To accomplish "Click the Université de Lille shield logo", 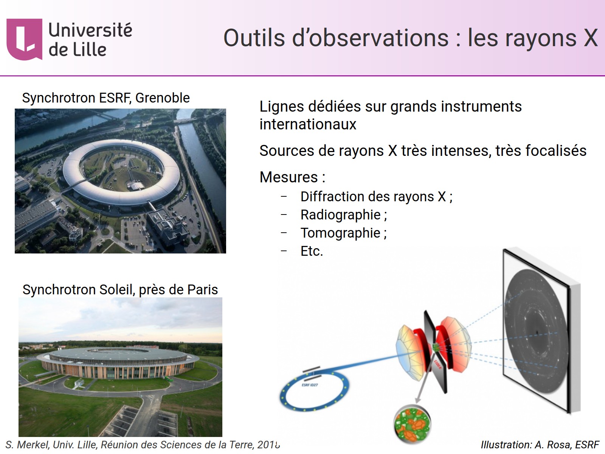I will coord(24,39).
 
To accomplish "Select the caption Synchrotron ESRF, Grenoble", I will coord(106,98).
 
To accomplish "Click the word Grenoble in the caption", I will coord(163,98).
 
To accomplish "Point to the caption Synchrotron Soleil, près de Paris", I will coord(120,290).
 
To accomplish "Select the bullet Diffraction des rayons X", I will coord(376,197).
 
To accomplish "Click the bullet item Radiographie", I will coord(343,215).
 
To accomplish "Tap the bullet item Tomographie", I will coord(343,233).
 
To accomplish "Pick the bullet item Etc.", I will coord(312,251).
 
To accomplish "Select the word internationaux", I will coord(308,124).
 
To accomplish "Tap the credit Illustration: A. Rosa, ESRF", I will coord(540,445).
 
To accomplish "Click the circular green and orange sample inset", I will coord(412,424).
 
